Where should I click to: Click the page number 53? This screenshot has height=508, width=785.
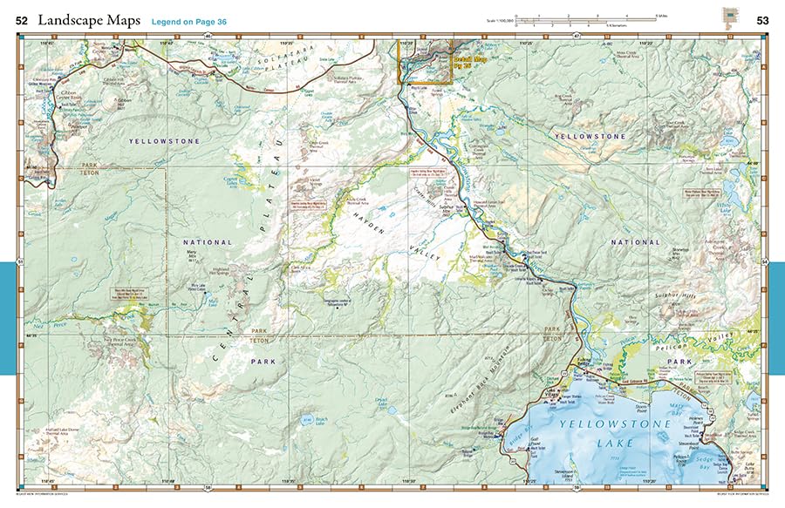coord(762,20)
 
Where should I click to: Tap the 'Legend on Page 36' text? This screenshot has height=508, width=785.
coord(189,20)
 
